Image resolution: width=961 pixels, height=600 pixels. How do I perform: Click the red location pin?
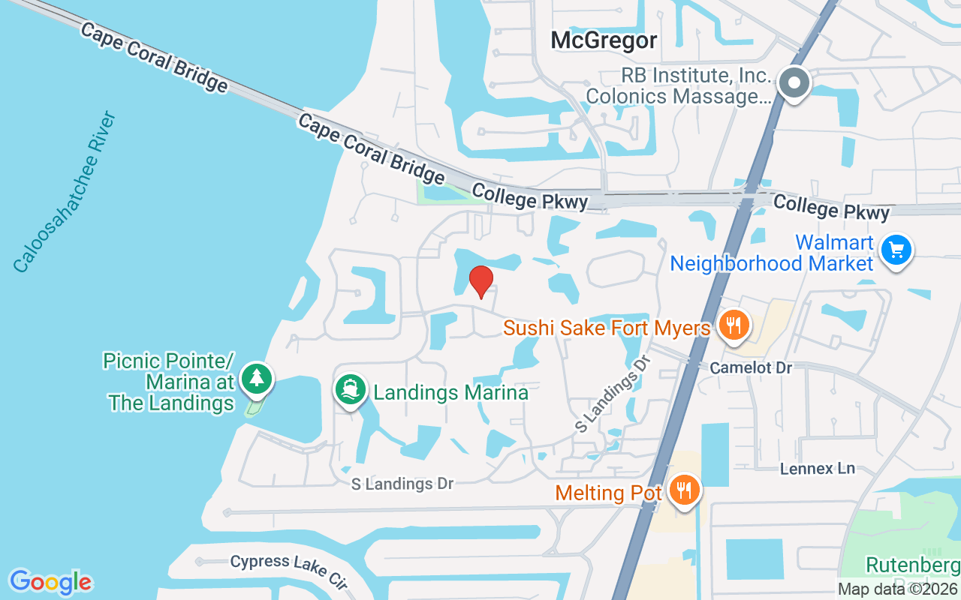[x=480, y=281]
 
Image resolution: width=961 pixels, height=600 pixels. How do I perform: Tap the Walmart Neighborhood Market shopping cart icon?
[x=896, y=250]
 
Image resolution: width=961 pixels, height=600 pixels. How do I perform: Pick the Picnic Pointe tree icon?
[x=258, y=378]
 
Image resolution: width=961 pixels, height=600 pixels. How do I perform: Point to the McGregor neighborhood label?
[x=604, y=40]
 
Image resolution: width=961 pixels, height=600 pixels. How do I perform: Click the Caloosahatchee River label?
[x=66, y=192]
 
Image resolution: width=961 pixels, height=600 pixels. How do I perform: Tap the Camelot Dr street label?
[x=751, y=367]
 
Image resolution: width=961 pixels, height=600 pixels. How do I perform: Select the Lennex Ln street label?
[x=818, y=468]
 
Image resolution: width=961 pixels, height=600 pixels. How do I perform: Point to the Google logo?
[x=51, y=582]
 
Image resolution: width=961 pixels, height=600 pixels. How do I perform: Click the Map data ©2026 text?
[x=897, y=589]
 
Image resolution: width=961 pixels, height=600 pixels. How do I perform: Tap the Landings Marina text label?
[x=450, y=392]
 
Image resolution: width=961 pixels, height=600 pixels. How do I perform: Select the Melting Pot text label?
[x=609, y=493]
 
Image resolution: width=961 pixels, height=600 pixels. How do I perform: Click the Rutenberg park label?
[x=912, y=565]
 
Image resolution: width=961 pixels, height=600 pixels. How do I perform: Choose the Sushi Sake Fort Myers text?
[x=607, y=328]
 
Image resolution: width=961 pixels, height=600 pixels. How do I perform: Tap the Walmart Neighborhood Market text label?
[x=772, y=253]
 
